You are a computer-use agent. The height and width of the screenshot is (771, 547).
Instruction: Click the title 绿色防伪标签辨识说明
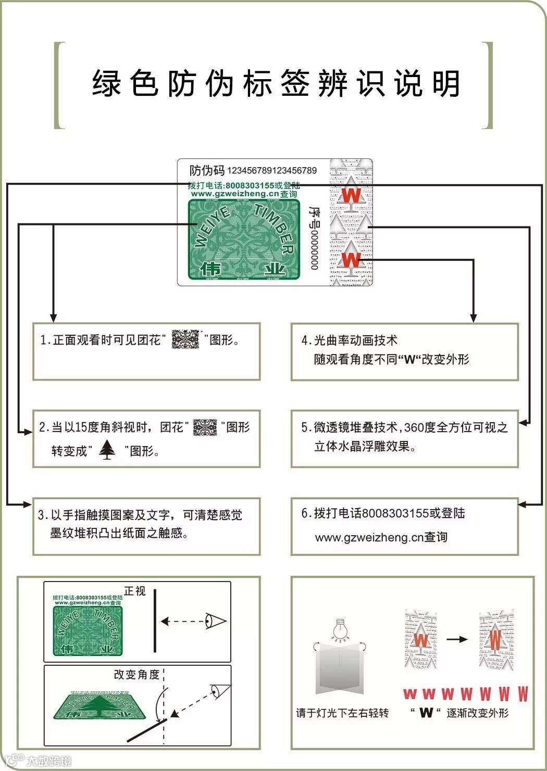coord(276,83)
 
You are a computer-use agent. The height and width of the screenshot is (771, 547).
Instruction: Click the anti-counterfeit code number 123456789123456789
coord(271,170)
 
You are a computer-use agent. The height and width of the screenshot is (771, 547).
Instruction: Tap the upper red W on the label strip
coord(351,196)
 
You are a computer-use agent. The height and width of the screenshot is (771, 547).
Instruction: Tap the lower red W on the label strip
coord(351,258)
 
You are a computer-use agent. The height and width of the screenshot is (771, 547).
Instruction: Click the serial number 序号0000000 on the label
coord(314,237)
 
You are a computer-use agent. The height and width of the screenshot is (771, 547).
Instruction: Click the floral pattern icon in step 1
coord(185,339)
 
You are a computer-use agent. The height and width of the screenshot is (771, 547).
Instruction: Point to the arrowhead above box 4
coord(473,318)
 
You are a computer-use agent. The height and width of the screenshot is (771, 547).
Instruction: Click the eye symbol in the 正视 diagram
coord(215,621)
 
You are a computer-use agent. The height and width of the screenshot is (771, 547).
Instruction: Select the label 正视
coord(134,591)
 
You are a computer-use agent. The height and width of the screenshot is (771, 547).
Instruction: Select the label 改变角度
coord(136,674)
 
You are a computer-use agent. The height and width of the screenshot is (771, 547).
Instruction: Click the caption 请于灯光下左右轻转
coord(342,713)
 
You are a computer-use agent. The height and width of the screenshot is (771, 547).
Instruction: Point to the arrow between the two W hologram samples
coord(457,639)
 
